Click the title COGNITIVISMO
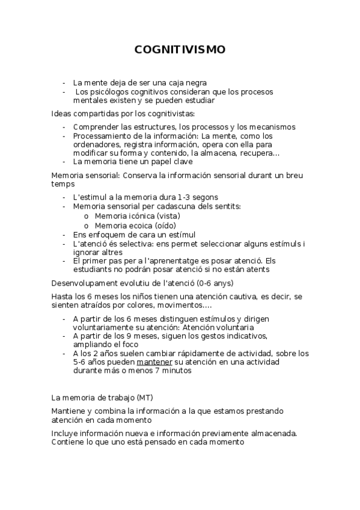[180, 50]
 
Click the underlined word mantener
[156, 362]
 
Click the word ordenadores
[96, 144]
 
